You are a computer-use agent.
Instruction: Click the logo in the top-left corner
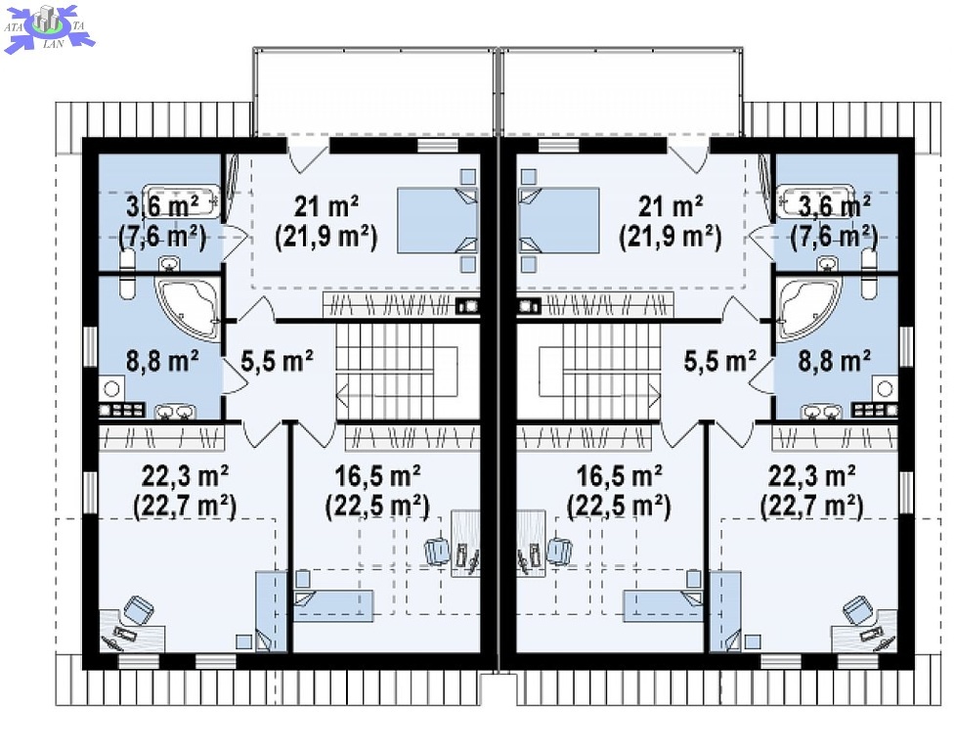coord(49,28)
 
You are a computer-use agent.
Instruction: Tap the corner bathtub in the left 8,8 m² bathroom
coord(188,308)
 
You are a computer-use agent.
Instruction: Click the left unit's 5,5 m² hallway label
coord(278,361)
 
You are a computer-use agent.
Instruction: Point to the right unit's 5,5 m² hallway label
coord(719,361)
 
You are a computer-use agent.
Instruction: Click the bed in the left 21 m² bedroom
coord(437,220)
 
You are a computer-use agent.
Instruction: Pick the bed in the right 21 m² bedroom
coord(558,220)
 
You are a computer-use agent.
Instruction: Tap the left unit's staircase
coord(397,372)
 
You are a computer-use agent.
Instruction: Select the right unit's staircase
coord(600,372)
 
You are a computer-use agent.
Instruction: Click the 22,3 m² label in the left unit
coord(185,475)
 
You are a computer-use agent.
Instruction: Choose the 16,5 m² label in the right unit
coord(620,475)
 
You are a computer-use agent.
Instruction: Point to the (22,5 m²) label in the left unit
coord(377,506)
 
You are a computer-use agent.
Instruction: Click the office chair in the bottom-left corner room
coord(139,610)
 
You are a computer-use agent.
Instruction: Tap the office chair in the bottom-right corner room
coord(859,610)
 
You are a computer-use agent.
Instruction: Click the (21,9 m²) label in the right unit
coord(670,237)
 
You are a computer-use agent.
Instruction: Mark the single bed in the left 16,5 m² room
coord(333,604)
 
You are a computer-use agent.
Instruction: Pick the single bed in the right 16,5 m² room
coord(663,604)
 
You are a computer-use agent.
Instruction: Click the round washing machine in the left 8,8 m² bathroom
coord(111,388)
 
